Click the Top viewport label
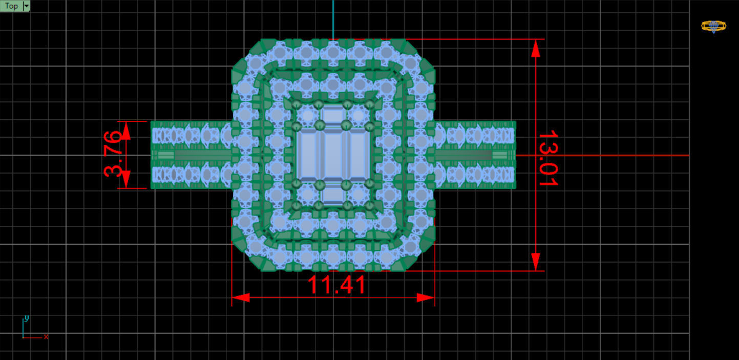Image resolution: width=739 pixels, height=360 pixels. pyautogui.click(x=11, y=6)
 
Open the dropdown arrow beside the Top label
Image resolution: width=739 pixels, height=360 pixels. pyautogui.click(x=27, y=6)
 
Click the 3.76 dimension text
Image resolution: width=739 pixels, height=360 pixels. pyautogui.click(x=112, y=154)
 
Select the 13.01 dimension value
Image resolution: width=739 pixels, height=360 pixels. pyautogui.click(x=547, y=158)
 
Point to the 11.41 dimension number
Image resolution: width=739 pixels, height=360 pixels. pyautogui.click(x=336, y=285)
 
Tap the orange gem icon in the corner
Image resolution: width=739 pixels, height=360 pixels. pyautogui.click(x=713, y=26)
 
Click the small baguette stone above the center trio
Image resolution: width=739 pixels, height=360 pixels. pyautogui.click(x=333, y=115)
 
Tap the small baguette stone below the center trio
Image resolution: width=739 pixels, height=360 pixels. pyautogui.click(x=333, y=195)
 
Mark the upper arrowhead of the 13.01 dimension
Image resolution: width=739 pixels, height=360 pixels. pyautogui.click(x=536, y=48)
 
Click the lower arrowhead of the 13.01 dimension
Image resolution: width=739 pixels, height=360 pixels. pyautogui.click(x=536, y=261)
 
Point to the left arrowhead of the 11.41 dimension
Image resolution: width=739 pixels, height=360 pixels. pyautogui.click(x=241, y=298)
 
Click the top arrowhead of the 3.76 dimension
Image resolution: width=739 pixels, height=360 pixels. pyautogui.click(x=127, y=130)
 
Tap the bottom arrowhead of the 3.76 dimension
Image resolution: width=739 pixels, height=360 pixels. pyautogui.click(x=127, y=180)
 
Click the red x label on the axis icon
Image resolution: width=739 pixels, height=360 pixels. pyautogui.click(x=46, y=336)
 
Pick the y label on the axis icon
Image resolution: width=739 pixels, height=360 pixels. pyautogui.click(x=27, y=319)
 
